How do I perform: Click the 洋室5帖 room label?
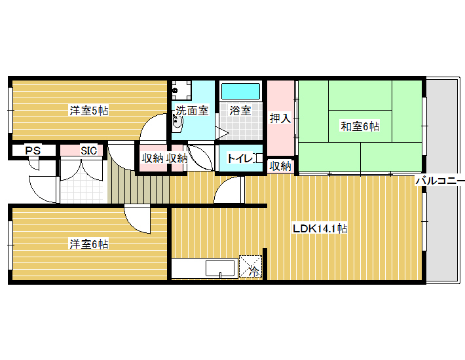[x=89, y=111]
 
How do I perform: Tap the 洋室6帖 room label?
[x=89, y=244]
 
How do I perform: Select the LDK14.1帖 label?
[x=320, y=228]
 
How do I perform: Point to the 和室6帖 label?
[x=360, y=126]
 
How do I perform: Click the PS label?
[x=33, y=151]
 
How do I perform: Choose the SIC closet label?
[x=89, y=151]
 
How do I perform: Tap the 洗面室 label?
[x=193, y=111]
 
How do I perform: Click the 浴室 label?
[x=240, y=111]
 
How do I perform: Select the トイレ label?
[x=240, y=158]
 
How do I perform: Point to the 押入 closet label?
[x=280, y=118]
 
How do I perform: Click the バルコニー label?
[x=440, y=180]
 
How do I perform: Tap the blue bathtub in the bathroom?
[x=240, y=91]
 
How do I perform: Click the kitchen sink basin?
[x=220, y=268]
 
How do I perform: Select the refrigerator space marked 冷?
[x=251, y=266]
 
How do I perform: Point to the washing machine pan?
[x=181, y=90]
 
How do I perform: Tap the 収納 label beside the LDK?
[x=280, y=166]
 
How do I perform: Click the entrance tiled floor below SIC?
[x=82, y=190]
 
